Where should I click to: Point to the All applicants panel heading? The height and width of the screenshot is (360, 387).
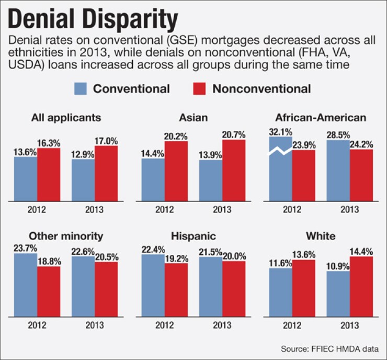(x=58, y=118)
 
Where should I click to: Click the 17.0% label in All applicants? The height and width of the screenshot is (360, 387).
(x=106, y=140)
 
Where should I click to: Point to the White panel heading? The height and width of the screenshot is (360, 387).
(x=321, y=236)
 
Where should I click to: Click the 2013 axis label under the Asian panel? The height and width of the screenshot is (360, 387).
(x=222, y=210)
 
